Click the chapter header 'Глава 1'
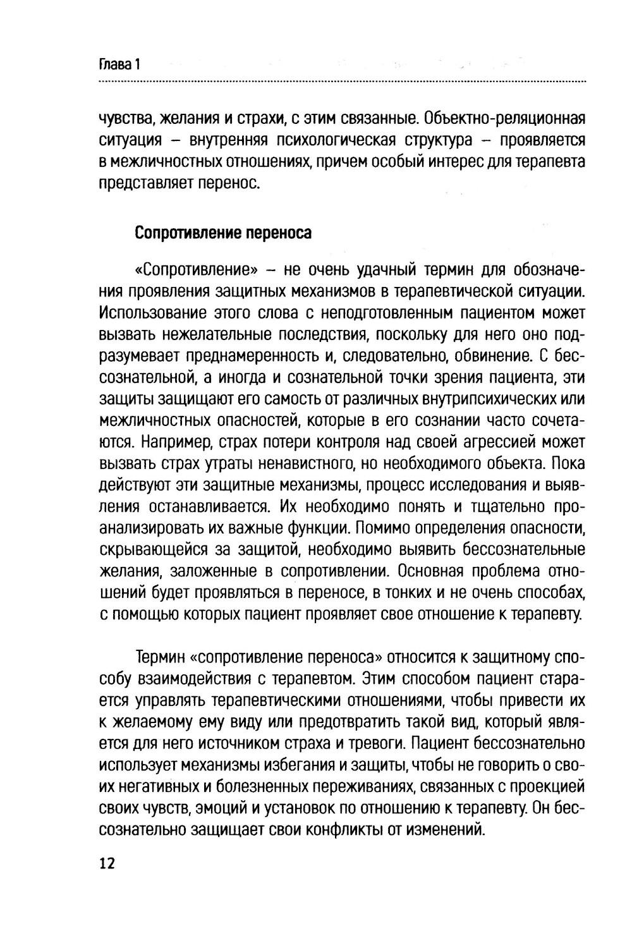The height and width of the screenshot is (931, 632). [x=119, y=64]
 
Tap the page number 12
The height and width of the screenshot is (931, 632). [x=107, y=863]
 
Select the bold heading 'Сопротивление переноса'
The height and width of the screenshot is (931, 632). [x=223, y=233]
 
